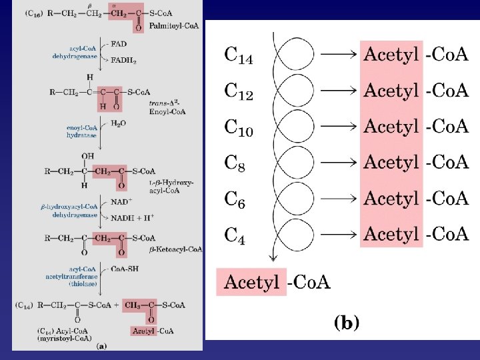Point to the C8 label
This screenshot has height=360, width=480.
235,163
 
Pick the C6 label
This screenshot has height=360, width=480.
235,199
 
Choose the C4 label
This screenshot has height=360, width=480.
235,235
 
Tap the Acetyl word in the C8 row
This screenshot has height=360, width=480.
391,162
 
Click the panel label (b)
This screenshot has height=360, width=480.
346,323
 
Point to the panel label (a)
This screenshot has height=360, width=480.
101,345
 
